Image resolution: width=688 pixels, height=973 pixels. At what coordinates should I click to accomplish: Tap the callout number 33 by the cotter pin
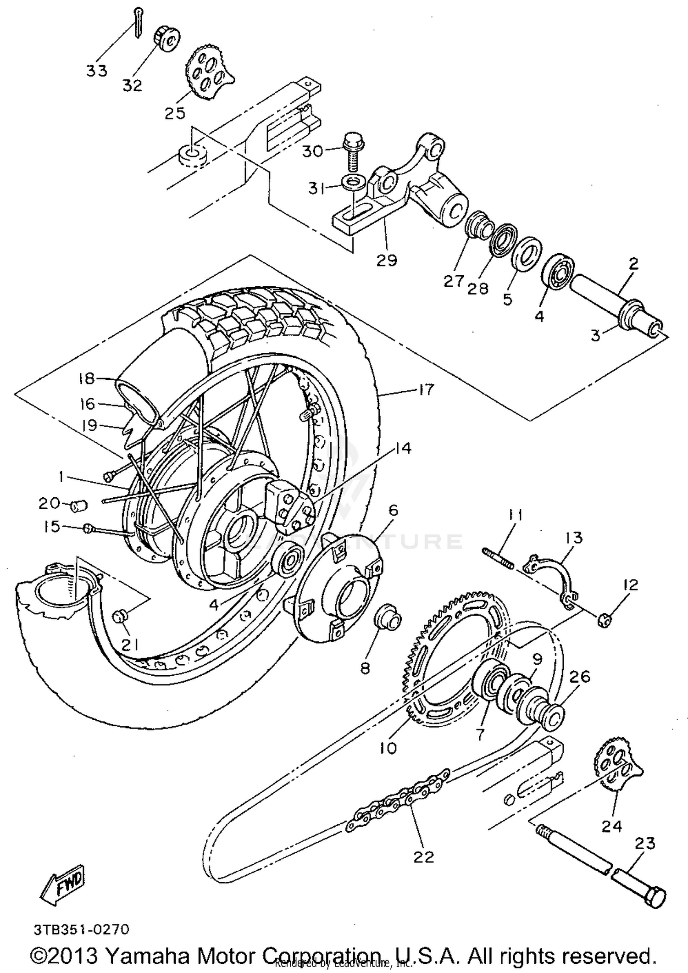(x=97, y=71)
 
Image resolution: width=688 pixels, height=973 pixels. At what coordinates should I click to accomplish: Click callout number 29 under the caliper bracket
(x=386, y=260)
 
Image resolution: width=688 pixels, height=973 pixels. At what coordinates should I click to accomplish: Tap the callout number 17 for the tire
(x=426, y=390)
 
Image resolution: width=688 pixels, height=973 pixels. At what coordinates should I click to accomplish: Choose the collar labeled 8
(x=388, y=620)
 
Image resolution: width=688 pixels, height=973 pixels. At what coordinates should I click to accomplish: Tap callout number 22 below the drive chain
(x=423, y=856)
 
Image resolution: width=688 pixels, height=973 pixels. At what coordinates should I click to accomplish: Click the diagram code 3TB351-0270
(x=81, y=930)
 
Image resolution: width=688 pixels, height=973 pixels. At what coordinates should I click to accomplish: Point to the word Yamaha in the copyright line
(x=148, y=956)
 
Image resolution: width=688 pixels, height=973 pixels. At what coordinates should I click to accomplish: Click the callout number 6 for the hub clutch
(x=393, y=510)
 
